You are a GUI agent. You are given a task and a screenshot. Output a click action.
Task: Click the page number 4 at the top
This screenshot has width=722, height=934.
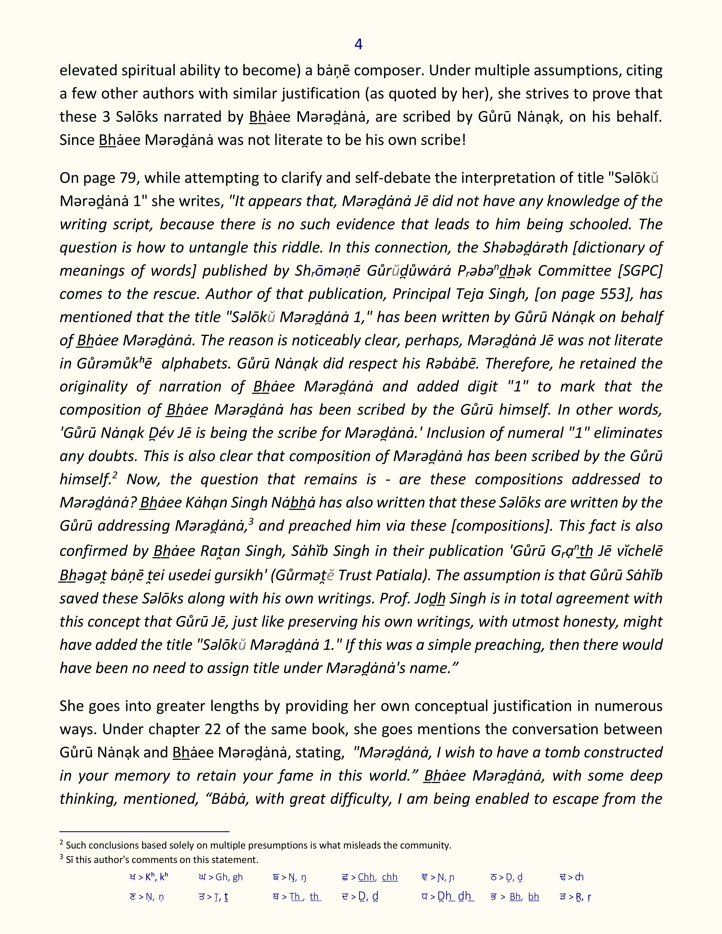[358, 44]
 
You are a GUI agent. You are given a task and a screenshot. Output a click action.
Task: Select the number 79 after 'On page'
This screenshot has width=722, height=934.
[128, 178]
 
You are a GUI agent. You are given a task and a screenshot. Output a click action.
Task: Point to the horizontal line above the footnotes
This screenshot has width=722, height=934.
[145, 831]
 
